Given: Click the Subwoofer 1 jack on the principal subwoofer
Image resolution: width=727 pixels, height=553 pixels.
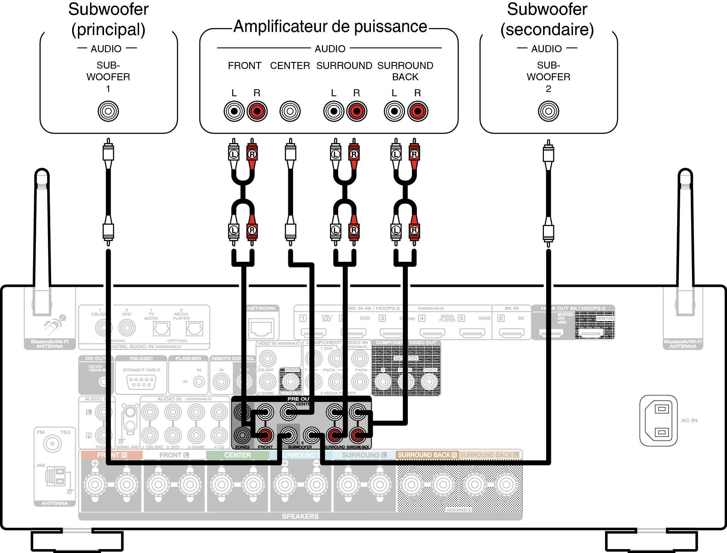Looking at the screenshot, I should pyautogui.click(x=108, y=111).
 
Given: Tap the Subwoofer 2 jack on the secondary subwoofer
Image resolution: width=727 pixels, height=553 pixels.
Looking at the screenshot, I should pyautogui.click(x=548, y=111).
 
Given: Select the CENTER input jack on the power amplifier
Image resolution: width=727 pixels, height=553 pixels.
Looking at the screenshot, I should pyautogui.click(x=290, y=111).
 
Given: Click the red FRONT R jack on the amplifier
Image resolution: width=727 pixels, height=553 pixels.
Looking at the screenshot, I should pyautogui.click(x=257, y=111).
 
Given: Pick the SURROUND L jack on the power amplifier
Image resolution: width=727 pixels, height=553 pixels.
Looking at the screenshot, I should pyautogui.click(x=334, y=111).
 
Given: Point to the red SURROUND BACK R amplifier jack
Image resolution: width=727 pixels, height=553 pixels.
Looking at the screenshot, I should pyautogui.click(x=418, y=111).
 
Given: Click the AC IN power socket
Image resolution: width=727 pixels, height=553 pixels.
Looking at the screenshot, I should pyautogui.click(x=658, y=420).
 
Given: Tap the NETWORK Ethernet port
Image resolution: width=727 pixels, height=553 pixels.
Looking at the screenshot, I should pyautogui.click(x=261, y=327).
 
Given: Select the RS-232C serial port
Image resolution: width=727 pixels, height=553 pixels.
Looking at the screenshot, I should pyautogui.click(x=141, y=382).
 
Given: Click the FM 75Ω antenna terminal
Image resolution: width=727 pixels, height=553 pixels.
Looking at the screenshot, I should pyautogui.click(x=53, y=443).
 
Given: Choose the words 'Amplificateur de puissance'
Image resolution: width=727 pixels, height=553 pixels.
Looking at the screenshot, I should pyautogui.click(x=330, y=27).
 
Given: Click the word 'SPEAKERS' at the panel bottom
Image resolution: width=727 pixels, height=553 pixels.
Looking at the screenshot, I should pyautogui.click(x=300, y=516).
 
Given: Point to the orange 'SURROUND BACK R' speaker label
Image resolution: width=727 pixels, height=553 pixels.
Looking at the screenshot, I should pyautogui.click(x=427, y=455).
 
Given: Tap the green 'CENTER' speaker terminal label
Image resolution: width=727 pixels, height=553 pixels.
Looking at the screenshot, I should pyautogui.click(x=237, y=455).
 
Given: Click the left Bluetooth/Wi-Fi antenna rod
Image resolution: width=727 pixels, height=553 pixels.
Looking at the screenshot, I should pyautogui.click(x=42, y=234).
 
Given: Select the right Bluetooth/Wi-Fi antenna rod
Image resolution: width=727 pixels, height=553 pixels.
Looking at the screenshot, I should pyautogui.click(x=685, y=234).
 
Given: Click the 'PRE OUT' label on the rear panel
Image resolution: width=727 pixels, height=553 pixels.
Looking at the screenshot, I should pyautogui.click(x=298, y=399).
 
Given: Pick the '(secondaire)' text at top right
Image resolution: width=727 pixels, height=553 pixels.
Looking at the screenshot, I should pyautogui.click(x=547, y=30).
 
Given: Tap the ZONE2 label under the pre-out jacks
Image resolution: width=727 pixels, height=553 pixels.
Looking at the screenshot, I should pyautogui.click(x=242, y=447).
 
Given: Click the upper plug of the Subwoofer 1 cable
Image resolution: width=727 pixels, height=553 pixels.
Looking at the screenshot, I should pyautogui.click(x=108, y=152).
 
